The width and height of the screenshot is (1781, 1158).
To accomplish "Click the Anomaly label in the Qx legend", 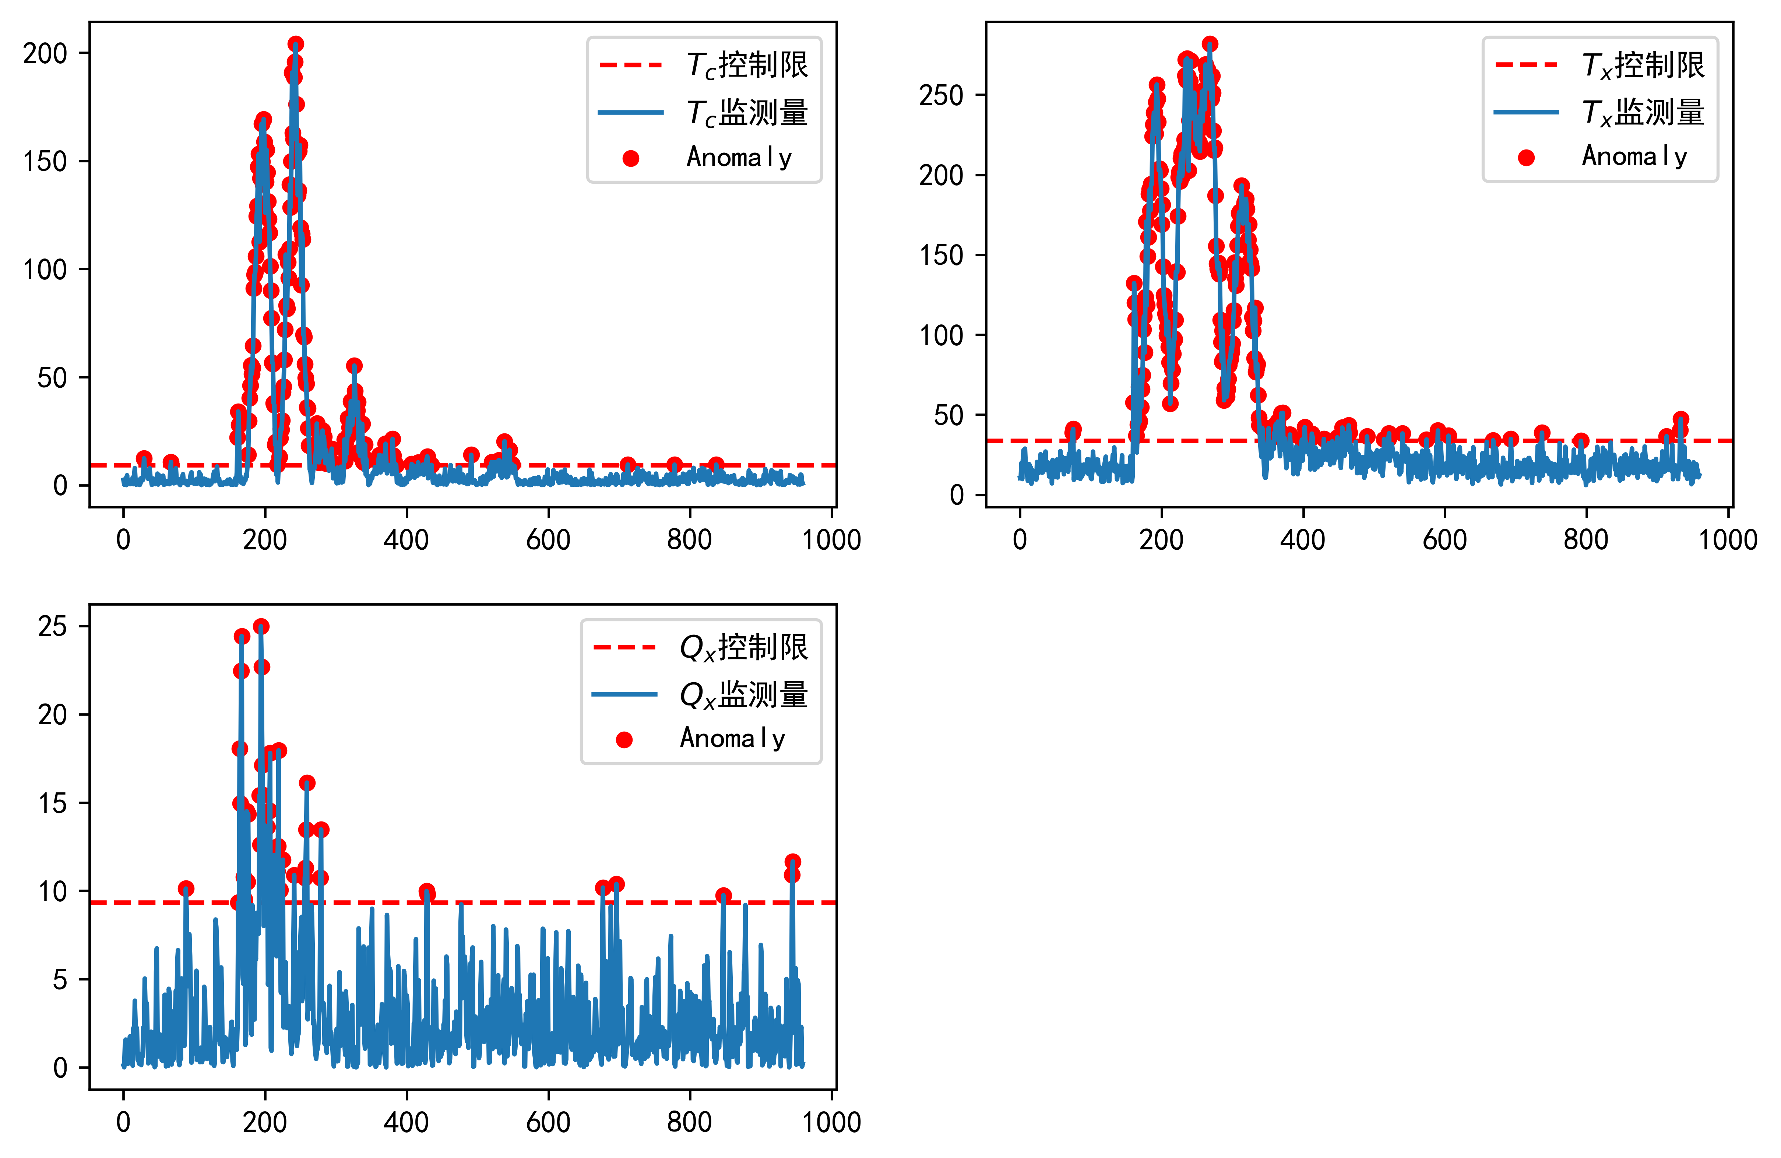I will [x=732, y=739].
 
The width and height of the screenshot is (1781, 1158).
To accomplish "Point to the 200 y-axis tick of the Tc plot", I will [x=45, y=54].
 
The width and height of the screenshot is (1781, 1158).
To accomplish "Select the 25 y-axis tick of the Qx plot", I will [x=52, y=627].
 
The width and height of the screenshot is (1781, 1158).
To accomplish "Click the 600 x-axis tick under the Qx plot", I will [x=548, y=1122].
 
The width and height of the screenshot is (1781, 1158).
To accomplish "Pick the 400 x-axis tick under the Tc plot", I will [x=406, y=540].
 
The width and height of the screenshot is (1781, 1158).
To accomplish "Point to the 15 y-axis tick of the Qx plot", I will [x=52, y=803].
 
